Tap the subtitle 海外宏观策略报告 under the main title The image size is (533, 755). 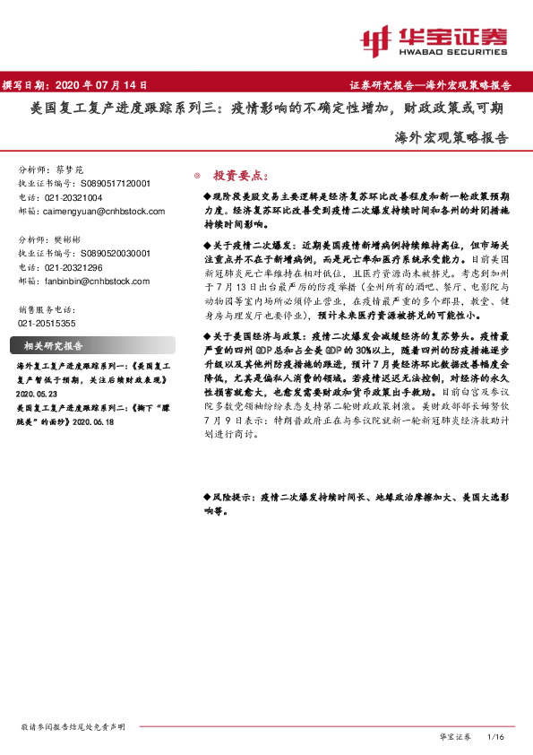[x=451, y=139]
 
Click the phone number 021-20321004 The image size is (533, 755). [x=73, y=196]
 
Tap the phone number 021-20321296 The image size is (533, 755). [x=73, y=267]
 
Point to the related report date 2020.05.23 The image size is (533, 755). [x=38, y=392]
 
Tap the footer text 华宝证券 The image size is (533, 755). [x=455, y=736]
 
